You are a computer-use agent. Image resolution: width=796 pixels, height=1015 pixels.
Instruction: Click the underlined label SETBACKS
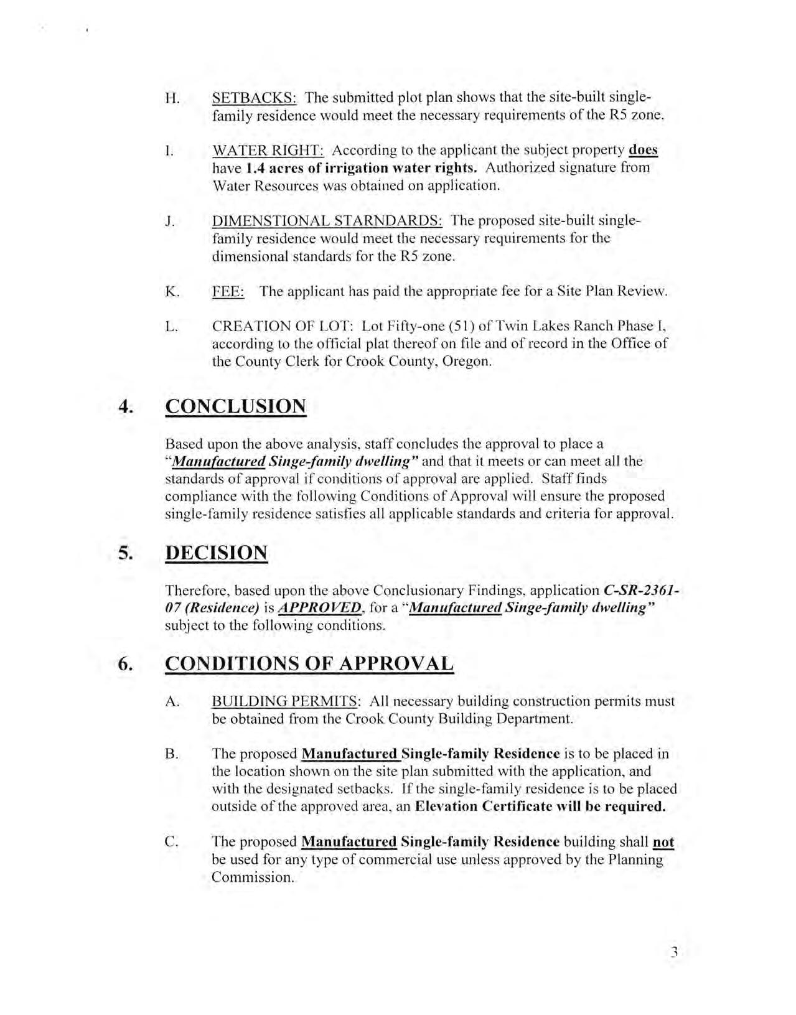click(x=254, y=98)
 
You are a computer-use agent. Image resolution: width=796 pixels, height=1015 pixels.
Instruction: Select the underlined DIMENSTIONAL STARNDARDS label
click(x=327, y=221)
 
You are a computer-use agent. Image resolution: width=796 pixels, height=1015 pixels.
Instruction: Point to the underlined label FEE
click(x=228, y=291)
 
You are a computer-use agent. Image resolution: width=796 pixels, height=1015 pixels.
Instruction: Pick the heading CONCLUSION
click(x=235, y=406)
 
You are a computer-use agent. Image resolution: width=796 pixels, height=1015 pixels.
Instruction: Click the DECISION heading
click(x=216, y=553)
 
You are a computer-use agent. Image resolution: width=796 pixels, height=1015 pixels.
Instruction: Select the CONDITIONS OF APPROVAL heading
click(x=309, y=663)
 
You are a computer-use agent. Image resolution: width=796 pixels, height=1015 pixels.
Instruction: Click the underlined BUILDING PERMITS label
click(x=285, y=701)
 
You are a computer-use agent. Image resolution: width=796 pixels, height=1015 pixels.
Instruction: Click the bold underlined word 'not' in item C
click(x=663, y=842)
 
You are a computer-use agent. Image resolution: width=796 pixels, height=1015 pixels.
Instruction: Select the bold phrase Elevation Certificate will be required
click(x=540, y=807)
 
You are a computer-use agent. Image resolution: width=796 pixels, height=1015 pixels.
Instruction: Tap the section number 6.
click(x=126, y=663)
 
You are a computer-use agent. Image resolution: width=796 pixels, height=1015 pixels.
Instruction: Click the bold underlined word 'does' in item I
click(x=644, y=150)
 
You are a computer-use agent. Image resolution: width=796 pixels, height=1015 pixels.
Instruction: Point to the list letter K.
click(x=172, y=291)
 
